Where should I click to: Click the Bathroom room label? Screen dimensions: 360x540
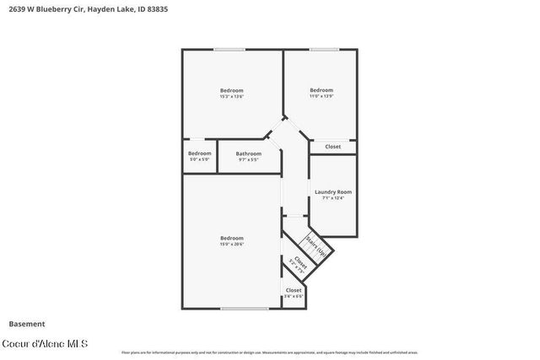pyautogui.click(x=248, y=153)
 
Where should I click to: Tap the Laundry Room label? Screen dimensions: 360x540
pyautogui.click(x=333, y=192)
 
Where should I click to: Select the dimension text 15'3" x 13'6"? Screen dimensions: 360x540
pyautogui.click(x=231, y=97)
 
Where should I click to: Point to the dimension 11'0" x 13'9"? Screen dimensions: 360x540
pyautogui.click(x=321, y=97)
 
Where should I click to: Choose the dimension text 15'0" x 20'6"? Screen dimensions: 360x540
pyautogui.click(x=231, y=244)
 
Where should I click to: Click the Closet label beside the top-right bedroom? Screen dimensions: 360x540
pyautogui.click(x=333, y=147)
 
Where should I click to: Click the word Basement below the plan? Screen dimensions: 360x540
pyautogui.click(x=27, y=324)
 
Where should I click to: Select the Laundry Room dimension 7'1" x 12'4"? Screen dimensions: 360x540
pyautogui.click(x=333, y=198)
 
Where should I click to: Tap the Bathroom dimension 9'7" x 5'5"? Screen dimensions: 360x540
pyautogui.click(x=248, y=159)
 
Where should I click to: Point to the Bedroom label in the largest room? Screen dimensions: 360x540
pyautogui.click(x=231, y=238)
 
